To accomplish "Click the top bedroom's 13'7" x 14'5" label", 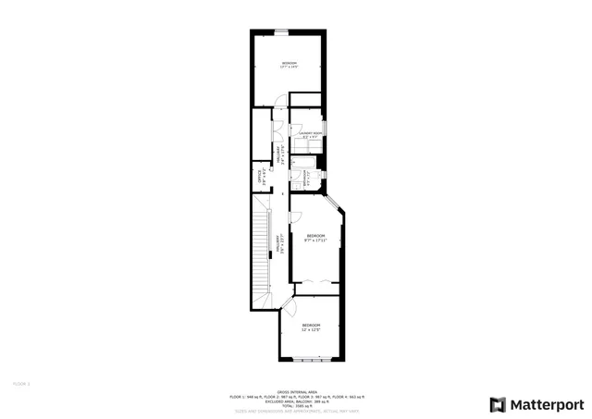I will pos(289,68).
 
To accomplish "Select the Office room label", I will pos(263,176).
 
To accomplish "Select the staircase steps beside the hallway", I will pos(261,250).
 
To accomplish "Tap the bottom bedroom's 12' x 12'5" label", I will pos(310,330).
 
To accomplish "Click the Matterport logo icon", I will pos(498,405).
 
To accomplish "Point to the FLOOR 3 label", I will pos(21,382).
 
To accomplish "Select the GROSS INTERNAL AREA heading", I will pos(296,391).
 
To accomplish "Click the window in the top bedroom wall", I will pos(280,32).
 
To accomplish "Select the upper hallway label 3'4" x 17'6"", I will pos(280,154).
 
